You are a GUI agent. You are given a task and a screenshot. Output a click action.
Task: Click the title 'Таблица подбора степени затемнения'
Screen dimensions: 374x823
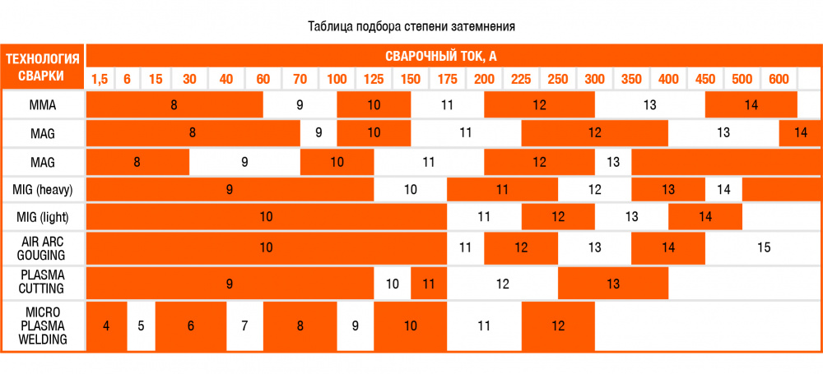tap(411, 25)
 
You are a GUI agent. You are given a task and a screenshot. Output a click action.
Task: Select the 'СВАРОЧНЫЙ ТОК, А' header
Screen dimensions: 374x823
tap(441, 57)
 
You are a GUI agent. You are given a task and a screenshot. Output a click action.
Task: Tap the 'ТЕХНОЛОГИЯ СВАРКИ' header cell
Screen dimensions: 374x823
tap(43, 67)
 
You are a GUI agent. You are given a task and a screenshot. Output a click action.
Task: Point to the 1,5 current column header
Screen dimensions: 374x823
tap(100, 79)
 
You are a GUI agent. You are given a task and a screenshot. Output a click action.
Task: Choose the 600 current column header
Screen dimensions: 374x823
tap(779, 79)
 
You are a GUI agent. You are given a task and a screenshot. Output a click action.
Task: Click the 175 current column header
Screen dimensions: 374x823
tap(448, 79)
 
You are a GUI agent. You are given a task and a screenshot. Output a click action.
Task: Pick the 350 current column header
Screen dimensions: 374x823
tap(631, 79)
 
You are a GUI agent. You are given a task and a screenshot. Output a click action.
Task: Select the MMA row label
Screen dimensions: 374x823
tap(43, 104)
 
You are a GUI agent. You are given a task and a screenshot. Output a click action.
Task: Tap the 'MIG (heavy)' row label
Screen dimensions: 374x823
tap(43, 189)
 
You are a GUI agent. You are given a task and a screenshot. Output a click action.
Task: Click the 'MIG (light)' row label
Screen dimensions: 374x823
tap(43, 217)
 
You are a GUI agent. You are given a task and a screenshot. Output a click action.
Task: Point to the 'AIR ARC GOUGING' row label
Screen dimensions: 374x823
tap(43, 247)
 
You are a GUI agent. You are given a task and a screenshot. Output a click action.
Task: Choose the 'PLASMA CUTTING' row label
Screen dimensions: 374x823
tap(43, 282)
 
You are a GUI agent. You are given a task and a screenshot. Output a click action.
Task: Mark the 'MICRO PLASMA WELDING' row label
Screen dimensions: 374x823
tap(43, 326)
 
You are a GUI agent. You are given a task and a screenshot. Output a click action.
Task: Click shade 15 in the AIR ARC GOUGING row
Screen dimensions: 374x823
tap(764, 247)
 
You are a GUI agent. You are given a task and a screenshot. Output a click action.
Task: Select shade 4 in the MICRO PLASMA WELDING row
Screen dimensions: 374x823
tap(106, 326)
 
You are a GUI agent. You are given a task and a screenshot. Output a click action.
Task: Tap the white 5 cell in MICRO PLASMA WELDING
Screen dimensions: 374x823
tap(141, 326)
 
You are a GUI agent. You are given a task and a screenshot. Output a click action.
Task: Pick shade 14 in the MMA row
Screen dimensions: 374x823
tap(751, 104)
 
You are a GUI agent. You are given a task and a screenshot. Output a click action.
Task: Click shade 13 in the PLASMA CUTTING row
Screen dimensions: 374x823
tap(613, 284)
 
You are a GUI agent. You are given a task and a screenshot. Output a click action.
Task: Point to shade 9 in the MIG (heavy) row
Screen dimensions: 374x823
tap(230, 189)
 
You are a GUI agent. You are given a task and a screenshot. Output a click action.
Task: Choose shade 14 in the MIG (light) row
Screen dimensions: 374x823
tap(705, 217)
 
